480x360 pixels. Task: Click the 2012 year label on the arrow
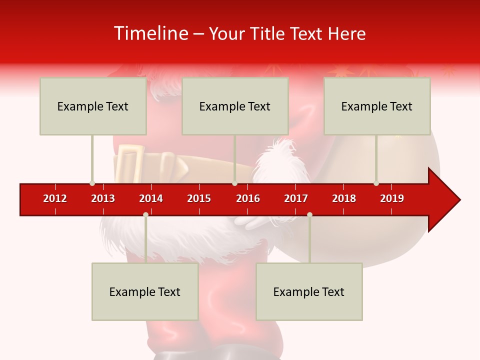tap(55, 198)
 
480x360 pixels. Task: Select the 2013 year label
tap(103, 198)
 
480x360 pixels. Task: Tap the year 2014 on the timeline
tap(151, 198)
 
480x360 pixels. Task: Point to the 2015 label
tap(199, 198)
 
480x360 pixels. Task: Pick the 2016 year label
tap(248, 198)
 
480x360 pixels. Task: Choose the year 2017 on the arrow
tap(296, 198)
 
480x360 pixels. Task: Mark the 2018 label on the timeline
tap(344, 198)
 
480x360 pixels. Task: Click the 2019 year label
tap(392, 198)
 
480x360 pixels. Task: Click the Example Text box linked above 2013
tap(93, 106)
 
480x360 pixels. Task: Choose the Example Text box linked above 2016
tap(235, 106)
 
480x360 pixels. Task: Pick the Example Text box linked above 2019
tap(377, 106)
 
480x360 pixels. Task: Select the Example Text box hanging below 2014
tap(145, 291)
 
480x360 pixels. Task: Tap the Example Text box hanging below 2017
tap(309, 291)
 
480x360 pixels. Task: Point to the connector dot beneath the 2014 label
tap(145, 214)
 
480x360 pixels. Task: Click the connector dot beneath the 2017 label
tap(309, 214)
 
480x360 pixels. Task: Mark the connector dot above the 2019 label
tap(376, 183)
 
